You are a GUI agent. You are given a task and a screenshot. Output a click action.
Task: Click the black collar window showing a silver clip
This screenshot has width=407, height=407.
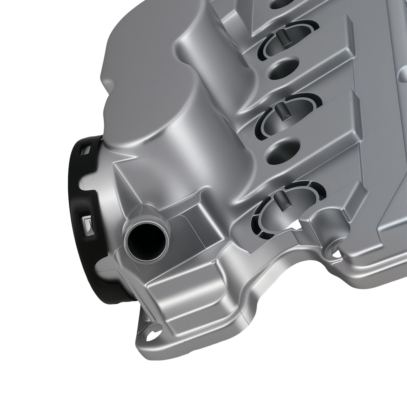(89, 225)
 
